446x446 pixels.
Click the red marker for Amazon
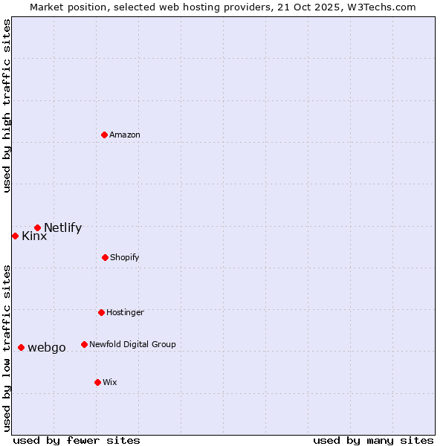[x=105, y=135]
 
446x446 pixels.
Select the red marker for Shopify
[x=105, y=257]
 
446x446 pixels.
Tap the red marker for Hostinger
[x=101, y=312]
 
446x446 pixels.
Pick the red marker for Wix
[x=97, y=382]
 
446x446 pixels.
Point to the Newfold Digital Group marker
[x=84, y=344]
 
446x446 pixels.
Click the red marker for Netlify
[x=37, y=227]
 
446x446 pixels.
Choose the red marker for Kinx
[x=15, y=236]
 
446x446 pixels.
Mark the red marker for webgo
[x=21, y=347]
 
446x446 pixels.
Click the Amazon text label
[x=125, y=135]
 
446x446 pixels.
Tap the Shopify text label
[x=125, y=258]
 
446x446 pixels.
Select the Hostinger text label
[x=125, y=313]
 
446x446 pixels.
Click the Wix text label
[x=110, y=383]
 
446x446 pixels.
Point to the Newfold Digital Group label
[x=132, y=345]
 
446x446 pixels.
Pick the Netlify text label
[x=62, y=228]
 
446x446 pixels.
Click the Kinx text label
[x=34, y=236]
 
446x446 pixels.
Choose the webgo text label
[x=47, y=348]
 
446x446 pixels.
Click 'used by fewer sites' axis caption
[x=77, y=440]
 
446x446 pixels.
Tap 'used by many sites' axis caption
[x=373, y=440]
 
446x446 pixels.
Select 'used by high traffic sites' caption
[x=7, y=106]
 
